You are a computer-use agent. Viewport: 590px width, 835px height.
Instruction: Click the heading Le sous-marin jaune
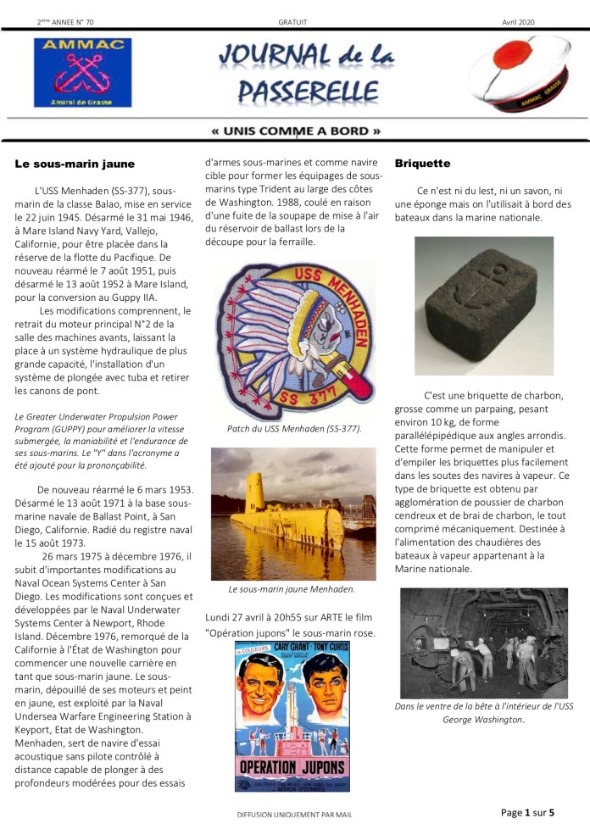(75, 163)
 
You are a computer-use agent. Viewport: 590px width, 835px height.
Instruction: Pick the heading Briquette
(422, 163)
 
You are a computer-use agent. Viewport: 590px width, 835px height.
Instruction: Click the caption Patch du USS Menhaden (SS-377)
(293, 429)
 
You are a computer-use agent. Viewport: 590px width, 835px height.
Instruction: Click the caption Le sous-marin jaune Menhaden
(292, 589)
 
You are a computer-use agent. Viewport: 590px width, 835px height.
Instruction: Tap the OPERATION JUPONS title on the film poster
(292, 765)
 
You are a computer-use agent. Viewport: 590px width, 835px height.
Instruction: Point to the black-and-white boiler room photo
(483, 643)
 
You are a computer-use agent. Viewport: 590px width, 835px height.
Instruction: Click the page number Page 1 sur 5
(527, 812)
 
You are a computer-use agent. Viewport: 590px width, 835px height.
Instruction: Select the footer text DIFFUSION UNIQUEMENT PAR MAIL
(294, 815)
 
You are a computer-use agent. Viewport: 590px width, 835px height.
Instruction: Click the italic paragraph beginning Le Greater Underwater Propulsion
(103, 440)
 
